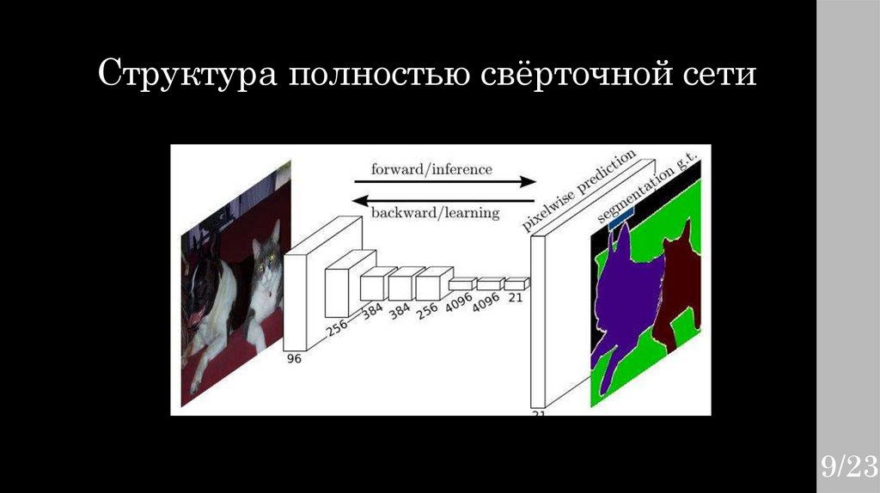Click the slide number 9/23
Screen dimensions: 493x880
coord(847,467)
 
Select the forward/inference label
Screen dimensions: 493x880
coord(431,169)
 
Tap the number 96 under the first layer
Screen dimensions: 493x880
coord(294,359)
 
